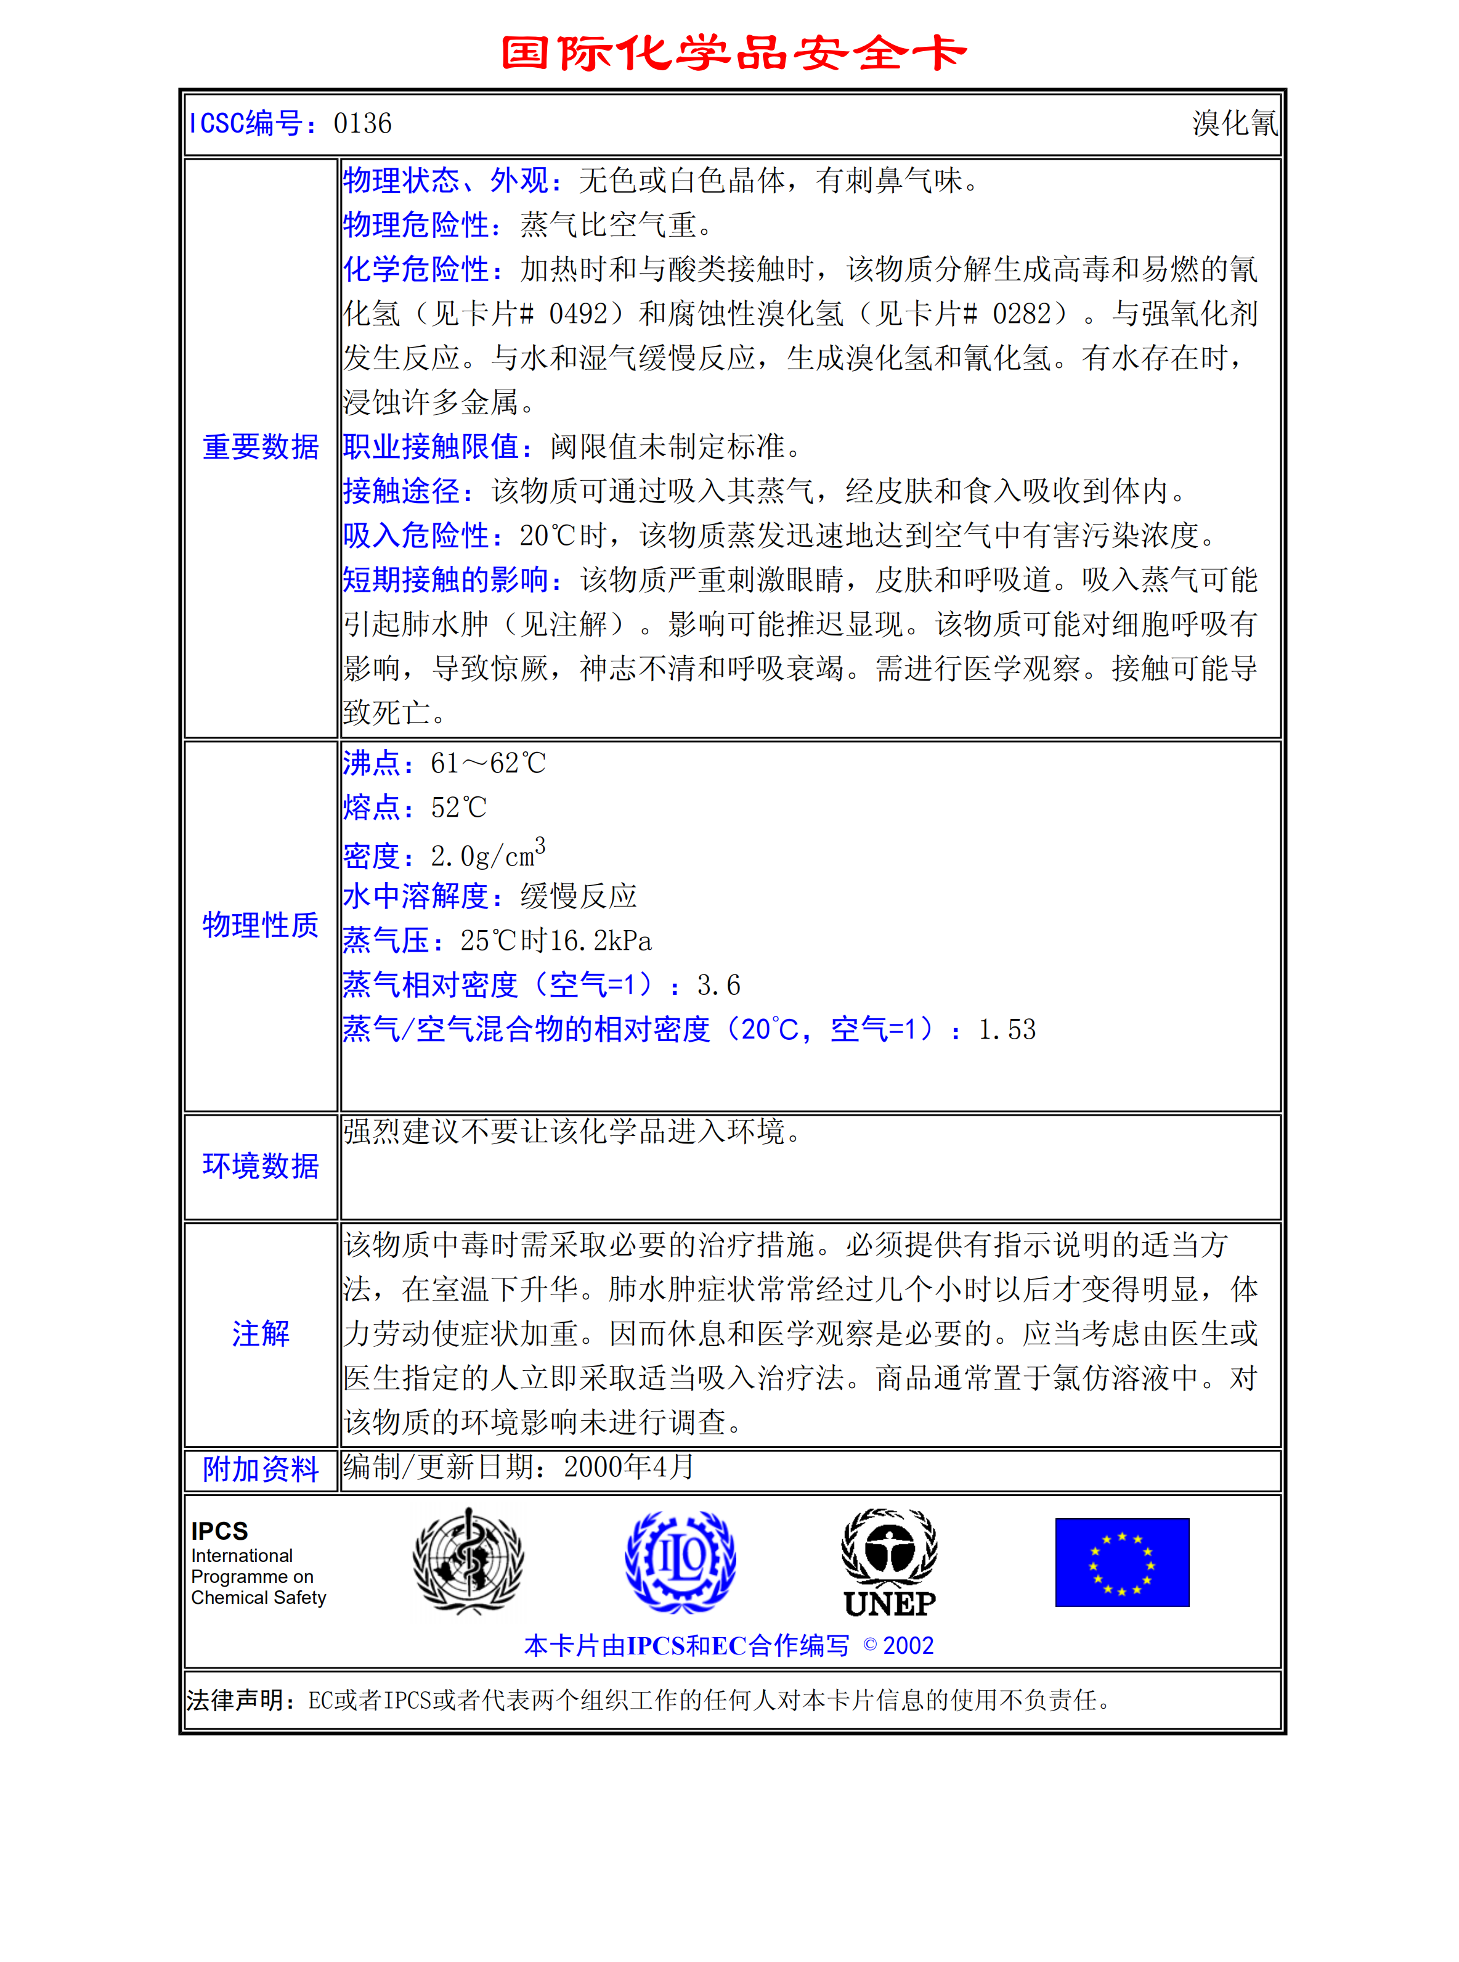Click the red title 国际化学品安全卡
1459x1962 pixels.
tap(733, 53)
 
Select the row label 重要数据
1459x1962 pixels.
tap(261, 447)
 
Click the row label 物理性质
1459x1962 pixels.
tap(261, 925)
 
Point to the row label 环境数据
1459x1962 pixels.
tap(261, 1166)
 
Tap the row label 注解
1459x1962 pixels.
tap(261, 1333)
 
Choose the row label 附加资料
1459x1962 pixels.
tap(261, 1469)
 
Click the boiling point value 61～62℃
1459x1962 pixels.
tap(489, 763)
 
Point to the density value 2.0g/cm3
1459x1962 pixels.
tap(487, 854)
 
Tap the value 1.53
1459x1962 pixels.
tap(1007, 1029)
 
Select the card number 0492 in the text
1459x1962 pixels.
tap(579, 314)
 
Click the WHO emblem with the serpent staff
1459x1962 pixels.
tap(468, 1561)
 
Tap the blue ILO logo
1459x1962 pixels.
tap(680, 1561)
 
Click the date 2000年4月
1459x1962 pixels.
tap(629, 1467)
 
